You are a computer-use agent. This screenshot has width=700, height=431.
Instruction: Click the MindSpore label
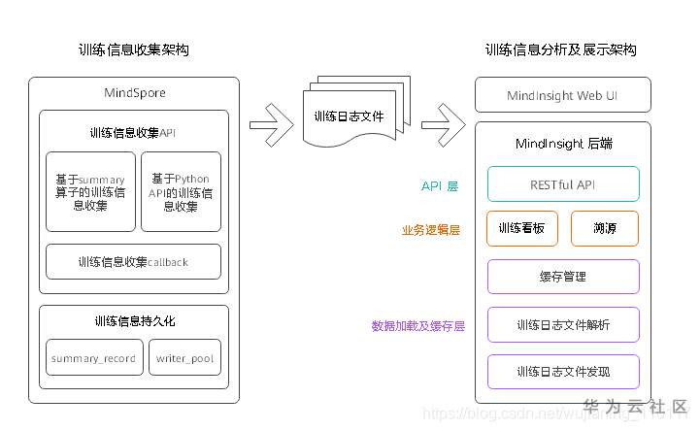tap(134, 93)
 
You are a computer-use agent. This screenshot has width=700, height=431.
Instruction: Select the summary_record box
tap(93, 358)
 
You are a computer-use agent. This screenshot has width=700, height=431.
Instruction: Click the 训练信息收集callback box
tap(134, 261)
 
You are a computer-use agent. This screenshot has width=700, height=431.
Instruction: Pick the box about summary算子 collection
tap(89, 191)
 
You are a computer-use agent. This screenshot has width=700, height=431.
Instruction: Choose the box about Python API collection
tap(181, 191)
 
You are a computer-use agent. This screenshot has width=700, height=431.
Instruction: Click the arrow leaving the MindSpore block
tap(272, 124)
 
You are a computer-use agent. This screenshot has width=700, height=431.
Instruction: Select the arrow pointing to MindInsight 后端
tap(442, 124)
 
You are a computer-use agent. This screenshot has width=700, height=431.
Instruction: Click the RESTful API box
tap(563, 182)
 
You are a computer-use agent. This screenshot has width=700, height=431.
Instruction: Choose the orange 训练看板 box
tap(522, 229)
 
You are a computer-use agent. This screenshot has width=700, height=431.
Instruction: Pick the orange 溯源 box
tap(604, 229)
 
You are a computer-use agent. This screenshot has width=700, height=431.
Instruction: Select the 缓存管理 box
tap(563, 277)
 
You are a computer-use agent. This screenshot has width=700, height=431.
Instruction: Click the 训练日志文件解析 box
tap(563, 324)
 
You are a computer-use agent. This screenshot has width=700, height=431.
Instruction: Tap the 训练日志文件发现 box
tap(563, 372)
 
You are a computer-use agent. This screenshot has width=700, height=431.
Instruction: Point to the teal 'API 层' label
tap(441, 184)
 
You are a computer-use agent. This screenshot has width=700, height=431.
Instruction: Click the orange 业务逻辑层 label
tap(430, 231)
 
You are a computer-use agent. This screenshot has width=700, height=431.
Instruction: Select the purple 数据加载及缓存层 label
tap(417, 326)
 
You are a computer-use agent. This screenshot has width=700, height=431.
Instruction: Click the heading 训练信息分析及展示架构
tap(560, 50)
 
